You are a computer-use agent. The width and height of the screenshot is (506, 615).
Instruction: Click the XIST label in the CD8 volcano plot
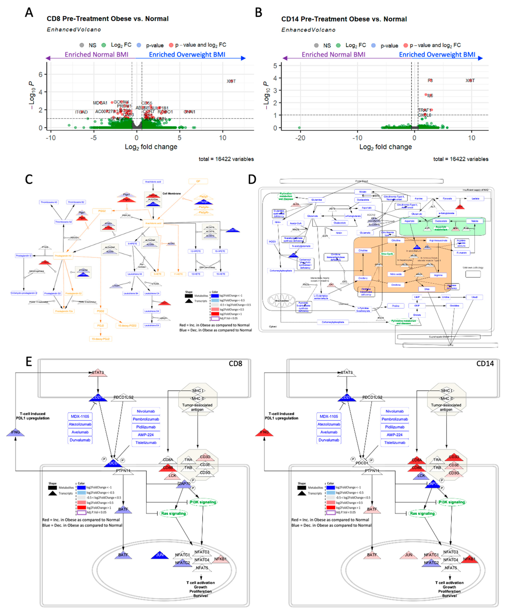(231, 81)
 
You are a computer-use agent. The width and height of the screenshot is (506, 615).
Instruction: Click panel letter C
(29, 180)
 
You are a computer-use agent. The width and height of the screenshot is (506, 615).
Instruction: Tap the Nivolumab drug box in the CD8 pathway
(146, 411)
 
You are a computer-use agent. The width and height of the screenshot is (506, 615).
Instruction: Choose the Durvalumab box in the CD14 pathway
(329, 440)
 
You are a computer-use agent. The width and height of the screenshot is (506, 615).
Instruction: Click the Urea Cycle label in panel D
(387, 254)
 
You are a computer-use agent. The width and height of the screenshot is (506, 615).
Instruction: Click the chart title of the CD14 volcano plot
(344, 19)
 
